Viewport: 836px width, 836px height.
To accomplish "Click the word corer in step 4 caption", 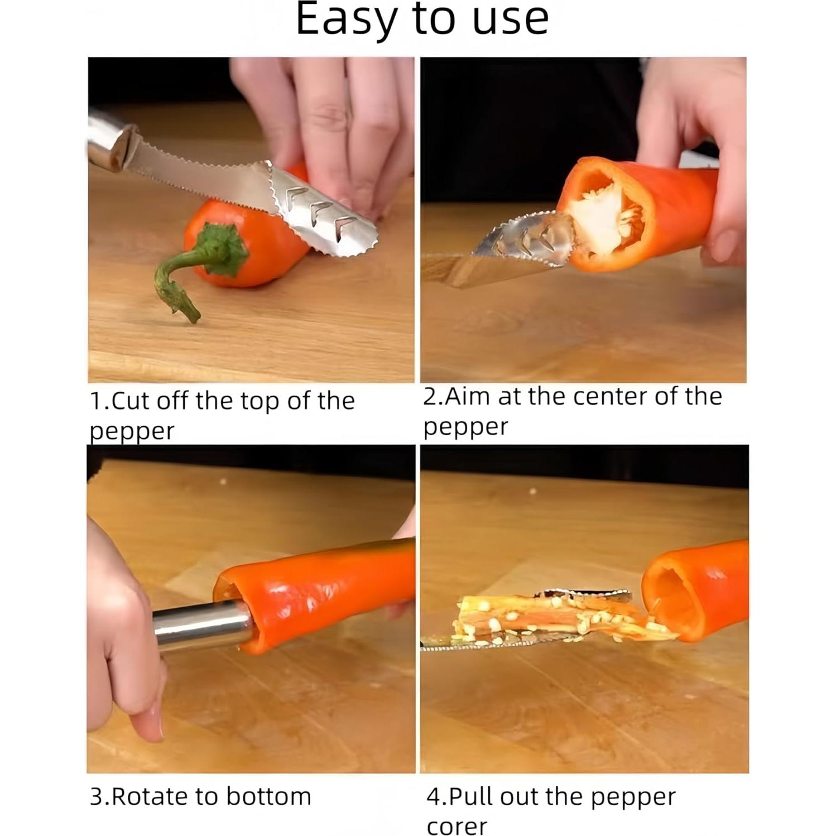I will tap(457, 826).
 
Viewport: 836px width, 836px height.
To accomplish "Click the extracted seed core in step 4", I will tap(552, 619).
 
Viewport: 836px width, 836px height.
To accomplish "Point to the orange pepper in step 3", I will tap(324, 592).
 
